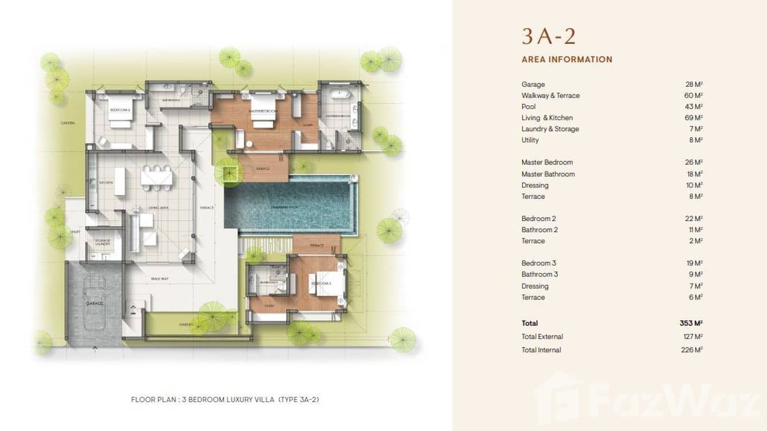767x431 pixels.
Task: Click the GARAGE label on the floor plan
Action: pyautogui.click(x=95, y=304)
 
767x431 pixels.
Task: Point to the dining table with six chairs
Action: pyautogui.click(x=156, y=177)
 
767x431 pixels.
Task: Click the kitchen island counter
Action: pyautogui.click(x=120, y=181)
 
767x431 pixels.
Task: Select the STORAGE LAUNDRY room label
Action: pyautogui.click(x=103, y=242)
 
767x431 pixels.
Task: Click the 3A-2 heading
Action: pyautogui.click(x=548, y=37)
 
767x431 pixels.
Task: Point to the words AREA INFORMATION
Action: pyautogui.click(x=566, y=59)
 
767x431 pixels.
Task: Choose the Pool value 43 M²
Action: pyautogui.click(x=693, y=107)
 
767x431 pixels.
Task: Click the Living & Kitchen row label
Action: pyautogui.click(x=546, y=118)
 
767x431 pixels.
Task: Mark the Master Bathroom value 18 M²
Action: pyautogui.click(x=693, y=174)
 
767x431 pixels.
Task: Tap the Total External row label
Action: pyautogui.click(x=542, y=337)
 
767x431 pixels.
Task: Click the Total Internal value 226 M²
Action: pyautogui.click(x=691, y=350)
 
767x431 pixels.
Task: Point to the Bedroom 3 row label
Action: pyautogui.click(x=538, y=264)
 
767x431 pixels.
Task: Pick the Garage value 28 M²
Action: pyautogui.click(x=693, y=85)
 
